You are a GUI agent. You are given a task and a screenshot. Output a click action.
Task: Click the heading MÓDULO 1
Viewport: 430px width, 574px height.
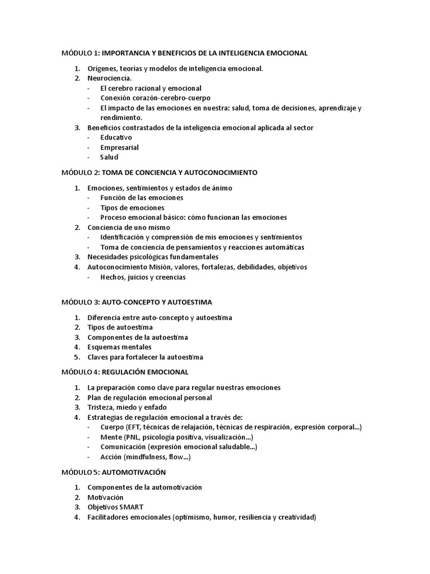coord(184,53)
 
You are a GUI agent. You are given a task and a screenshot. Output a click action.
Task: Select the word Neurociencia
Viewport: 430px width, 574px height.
coord(110,78)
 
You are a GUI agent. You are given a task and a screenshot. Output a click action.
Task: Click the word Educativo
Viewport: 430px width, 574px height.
coord(116,137)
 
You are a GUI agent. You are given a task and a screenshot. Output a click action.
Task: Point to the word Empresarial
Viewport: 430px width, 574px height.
coord(119,147)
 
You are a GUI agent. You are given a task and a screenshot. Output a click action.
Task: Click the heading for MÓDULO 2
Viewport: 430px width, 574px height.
coord(159,172)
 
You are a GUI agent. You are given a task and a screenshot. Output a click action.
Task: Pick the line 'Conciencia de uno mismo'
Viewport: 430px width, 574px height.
coord(129,227)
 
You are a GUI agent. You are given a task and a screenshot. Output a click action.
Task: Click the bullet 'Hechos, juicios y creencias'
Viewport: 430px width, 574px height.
coord(143,277)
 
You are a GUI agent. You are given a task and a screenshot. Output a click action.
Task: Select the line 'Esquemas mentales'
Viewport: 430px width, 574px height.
coord(119,347)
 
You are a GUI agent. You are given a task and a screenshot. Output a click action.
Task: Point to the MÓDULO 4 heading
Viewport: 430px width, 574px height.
coord(125,372)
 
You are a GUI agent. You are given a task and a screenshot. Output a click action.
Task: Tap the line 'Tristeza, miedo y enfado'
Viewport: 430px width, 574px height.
coord(127,407)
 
